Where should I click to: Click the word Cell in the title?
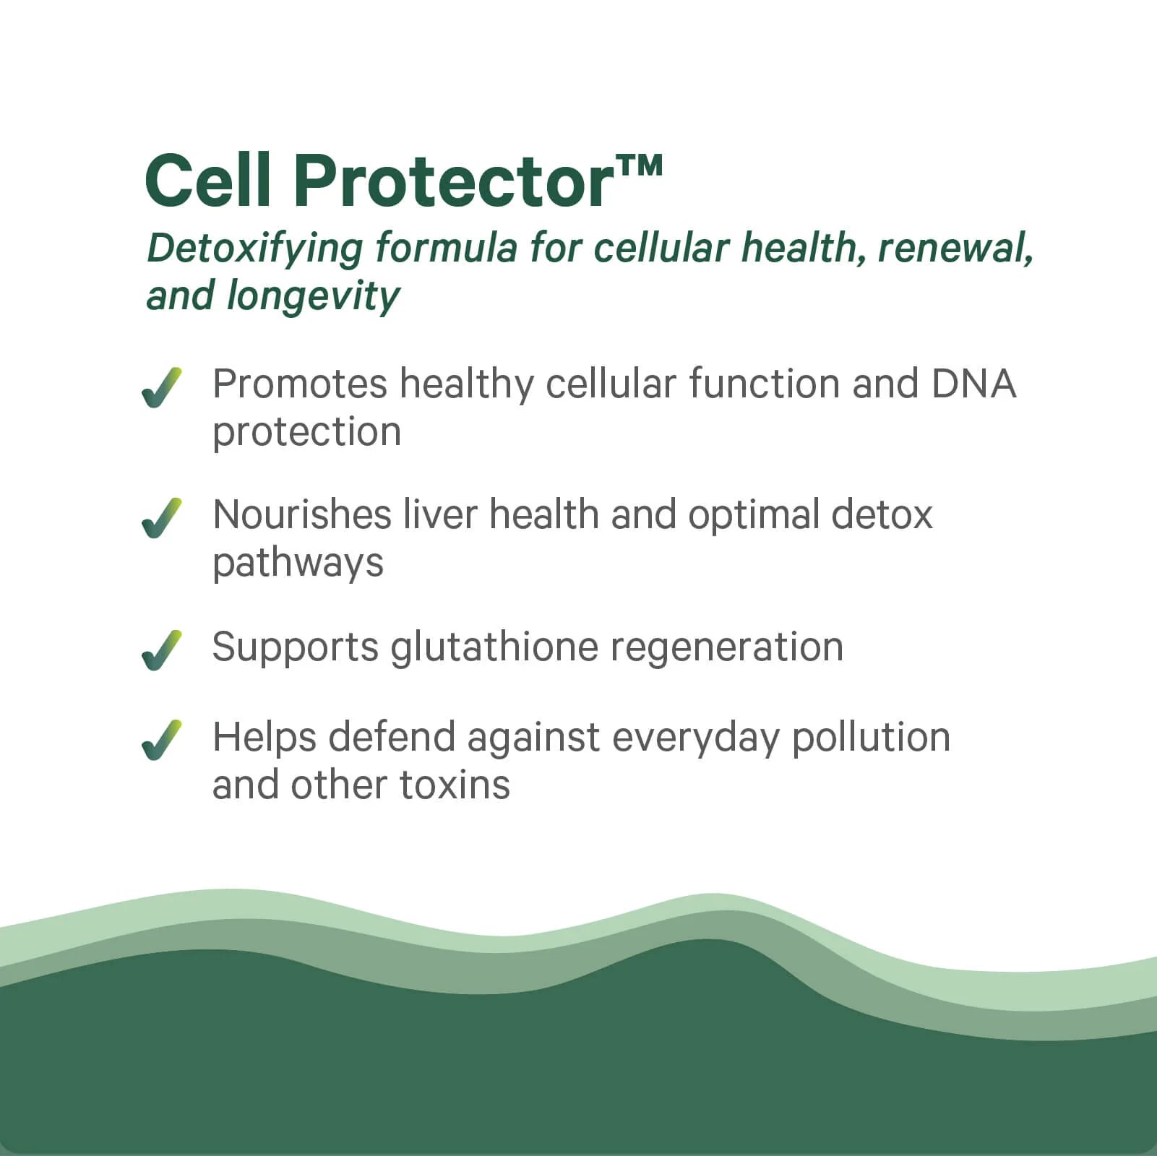coord(207,181)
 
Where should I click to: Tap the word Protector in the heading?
coord(454,182)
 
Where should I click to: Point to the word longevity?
coord(313,296)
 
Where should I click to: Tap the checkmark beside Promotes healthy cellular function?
coord(162,388)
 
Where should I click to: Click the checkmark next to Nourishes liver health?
coord(162,518)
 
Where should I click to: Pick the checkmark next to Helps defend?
coord(162,740)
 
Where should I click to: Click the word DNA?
coord(973,384)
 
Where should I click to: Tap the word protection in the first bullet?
coord(306,432)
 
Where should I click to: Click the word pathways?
coord(298,564)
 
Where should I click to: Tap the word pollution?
coord(871,738)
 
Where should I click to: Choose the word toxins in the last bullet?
coord(455,785)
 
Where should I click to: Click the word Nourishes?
coord(301,514)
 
